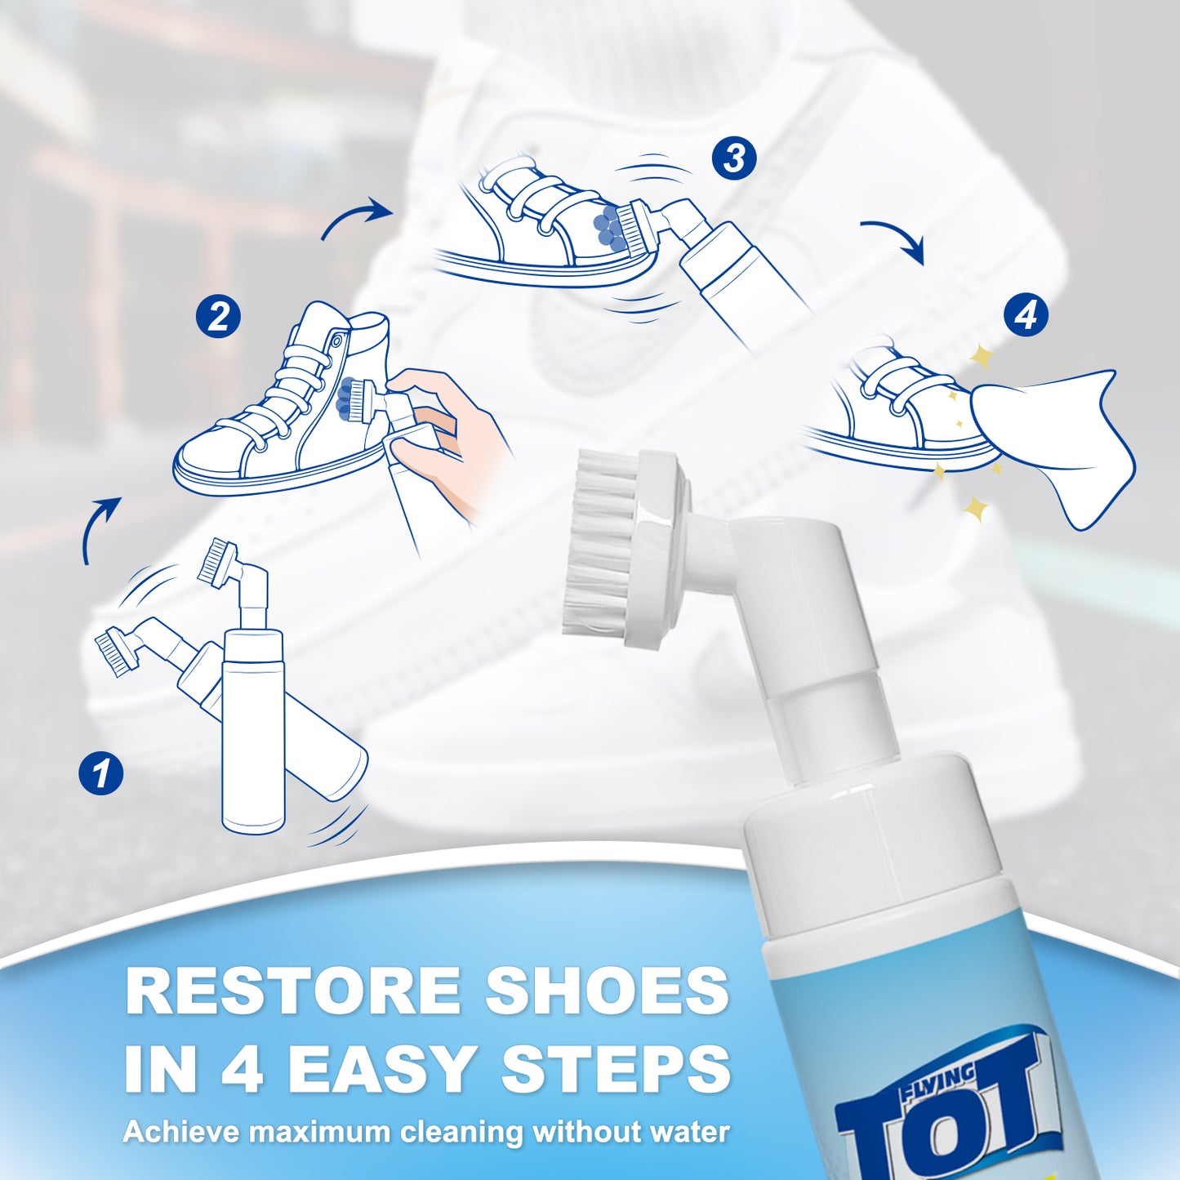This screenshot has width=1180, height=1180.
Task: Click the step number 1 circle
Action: click(101, 773)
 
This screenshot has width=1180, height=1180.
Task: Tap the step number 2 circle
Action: click(218, 316)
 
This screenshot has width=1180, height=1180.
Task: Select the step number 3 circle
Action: click(733, 158)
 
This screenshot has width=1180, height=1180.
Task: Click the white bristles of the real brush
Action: click(600, 543)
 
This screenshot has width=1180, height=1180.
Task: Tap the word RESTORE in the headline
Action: click(293, 991)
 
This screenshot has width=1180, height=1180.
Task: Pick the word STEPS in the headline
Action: click(616, 1068)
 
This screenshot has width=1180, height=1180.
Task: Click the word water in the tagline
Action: click(691, 1133)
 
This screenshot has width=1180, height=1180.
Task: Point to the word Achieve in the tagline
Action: click(181, 1133)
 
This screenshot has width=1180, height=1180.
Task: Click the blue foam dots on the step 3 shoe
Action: click(608, 225)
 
